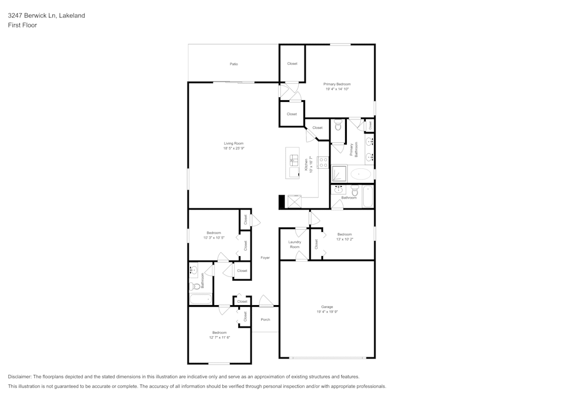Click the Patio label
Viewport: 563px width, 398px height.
(234, 64)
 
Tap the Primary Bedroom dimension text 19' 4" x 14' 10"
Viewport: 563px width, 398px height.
(337, 89)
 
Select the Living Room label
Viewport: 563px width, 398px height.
(234, 144)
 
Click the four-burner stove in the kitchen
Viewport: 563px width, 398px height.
(324, 163)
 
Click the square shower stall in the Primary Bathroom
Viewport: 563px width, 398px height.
(339, 173)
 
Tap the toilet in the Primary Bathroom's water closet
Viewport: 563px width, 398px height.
(338, 126)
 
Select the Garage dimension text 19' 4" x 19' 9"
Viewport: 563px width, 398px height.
(327, 311)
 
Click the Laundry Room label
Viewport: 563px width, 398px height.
(295, 244)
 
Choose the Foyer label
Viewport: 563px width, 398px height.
(265, 258)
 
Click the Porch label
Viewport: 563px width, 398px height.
(265, 319)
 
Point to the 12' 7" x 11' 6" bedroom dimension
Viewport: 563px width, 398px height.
(220, 337)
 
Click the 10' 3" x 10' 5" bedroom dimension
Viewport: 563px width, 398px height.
(214, 238)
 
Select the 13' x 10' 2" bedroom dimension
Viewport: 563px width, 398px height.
(345, 239)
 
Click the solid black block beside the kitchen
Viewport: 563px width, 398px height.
(281, 202)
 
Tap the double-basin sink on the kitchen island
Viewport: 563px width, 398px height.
(293, 163)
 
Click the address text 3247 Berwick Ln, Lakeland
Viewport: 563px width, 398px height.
(46, 16)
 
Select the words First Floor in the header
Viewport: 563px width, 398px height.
(22, 25)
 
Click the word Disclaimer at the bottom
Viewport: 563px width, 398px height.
(20, 376)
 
